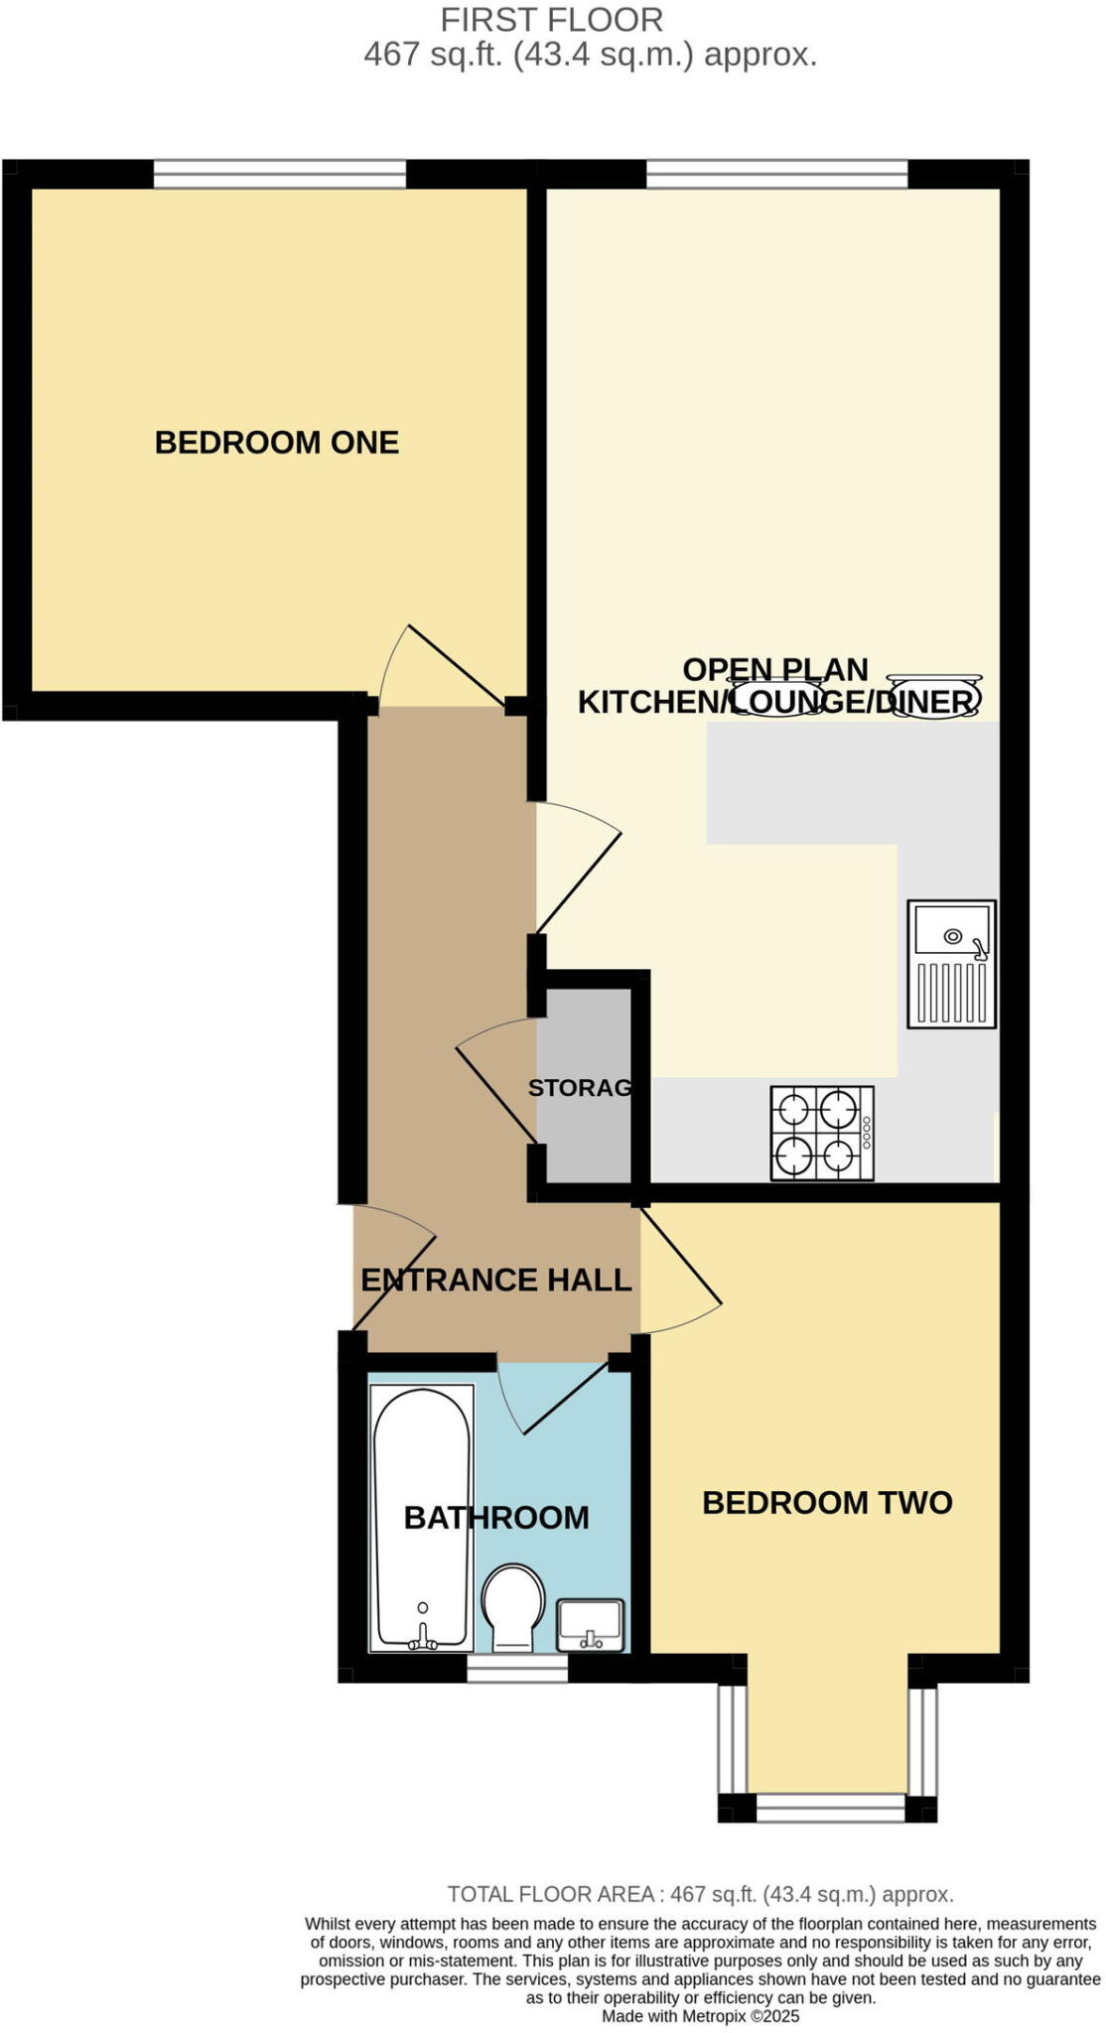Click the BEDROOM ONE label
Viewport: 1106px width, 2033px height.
click(x=276, y=443)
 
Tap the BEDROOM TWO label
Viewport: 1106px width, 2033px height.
click(x=826, y=1503)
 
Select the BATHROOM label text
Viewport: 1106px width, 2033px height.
click(x=496, y=1518)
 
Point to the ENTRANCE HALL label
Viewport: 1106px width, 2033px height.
click(x=495, y=1281)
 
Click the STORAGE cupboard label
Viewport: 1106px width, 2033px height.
click(x=581, y=1088)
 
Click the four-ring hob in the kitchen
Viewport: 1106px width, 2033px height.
click(x=822, y=1134)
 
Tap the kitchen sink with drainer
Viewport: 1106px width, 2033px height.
click(x=951, y=964)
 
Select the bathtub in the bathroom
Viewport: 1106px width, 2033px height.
click(x=421, y=1519)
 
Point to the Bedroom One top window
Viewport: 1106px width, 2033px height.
click(x=279, y=176)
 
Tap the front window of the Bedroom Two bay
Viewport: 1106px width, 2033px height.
click(x=830, y=1808)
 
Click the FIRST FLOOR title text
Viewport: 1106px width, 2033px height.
click(x=551, y=20)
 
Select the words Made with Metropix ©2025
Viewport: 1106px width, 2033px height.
click(x=700, y=2016)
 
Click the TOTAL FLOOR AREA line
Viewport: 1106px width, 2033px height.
click(x=700, y=1894)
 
